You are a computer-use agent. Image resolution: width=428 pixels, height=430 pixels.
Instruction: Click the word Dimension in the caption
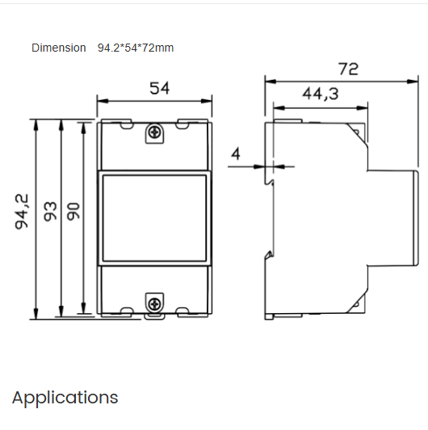click(58, 48)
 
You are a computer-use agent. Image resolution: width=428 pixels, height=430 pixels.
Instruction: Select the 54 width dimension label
click(160, 89)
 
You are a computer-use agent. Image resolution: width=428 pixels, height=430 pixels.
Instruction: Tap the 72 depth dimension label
click(348, 69)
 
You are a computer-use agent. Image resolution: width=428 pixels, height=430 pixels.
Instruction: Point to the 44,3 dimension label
click(320, 94)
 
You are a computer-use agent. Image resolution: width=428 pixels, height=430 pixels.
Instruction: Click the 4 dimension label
click(236, 153)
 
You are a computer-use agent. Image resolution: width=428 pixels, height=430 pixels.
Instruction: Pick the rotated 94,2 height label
click(22, 211)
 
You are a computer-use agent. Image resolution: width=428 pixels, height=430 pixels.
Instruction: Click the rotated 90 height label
click(73, 211)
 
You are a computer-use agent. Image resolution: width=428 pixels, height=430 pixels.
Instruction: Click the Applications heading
click(65, 398)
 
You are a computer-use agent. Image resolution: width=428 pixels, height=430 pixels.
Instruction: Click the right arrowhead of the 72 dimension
click(415, 81)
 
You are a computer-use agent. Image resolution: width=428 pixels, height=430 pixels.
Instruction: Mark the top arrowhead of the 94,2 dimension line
click(36, 124)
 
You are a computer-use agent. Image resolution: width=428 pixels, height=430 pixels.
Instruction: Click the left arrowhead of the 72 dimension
click(271, 81)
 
